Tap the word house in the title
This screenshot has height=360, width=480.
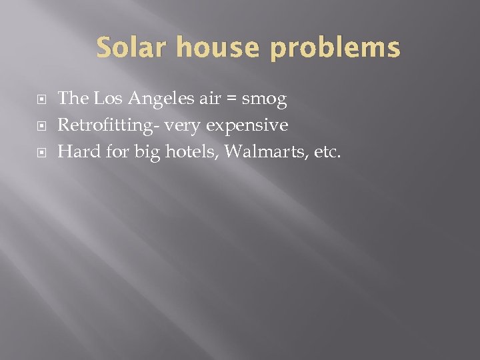click(x=209, y=48)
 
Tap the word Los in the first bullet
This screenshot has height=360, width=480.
click(x=105, y=99)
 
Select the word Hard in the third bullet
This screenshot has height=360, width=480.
click(x=76, y=152)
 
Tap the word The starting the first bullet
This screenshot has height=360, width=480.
click(x=73, y=99)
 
